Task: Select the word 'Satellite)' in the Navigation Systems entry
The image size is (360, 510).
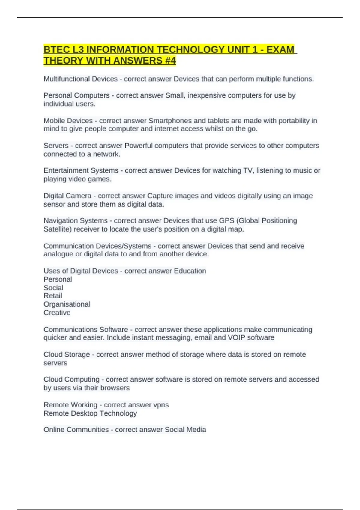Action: pos(58,229)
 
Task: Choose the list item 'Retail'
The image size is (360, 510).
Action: pos(53,296)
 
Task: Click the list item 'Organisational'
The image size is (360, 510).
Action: pos(67,304)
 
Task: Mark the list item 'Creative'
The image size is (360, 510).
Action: pos(57,313)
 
